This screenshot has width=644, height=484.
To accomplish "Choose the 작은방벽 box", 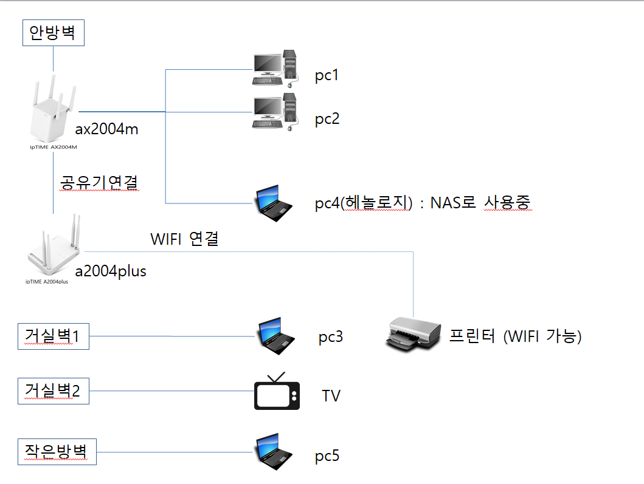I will coord(57,452).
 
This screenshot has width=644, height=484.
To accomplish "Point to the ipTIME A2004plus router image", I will coord(55,249).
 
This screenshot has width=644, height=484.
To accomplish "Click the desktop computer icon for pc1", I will coord(275,69).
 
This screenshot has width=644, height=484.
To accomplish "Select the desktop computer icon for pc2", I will coord(275,111).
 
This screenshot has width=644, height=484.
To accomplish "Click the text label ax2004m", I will coord(107,129).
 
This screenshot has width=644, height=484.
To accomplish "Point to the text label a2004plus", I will coord(110,271).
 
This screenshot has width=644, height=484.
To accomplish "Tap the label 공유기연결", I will coord(100,182).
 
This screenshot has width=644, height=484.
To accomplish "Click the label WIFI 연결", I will coord(184,239).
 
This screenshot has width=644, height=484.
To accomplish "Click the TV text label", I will coord(331,396).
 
